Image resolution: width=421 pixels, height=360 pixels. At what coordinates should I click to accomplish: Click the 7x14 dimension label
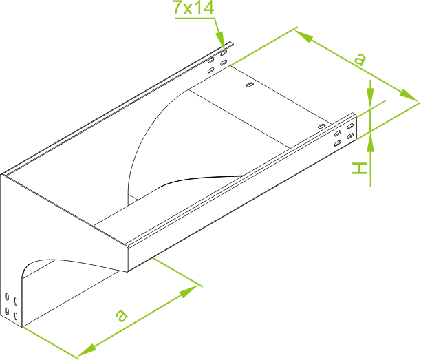point(193,8)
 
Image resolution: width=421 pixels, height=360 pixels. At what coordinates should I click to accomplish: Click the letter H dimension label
point(360,168)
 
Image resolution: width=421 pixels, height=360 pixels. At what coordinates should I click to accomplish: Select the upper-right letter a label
point(360,59)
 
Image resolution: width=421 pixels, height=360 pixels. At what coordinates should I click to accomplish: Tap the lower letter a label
point(122,315)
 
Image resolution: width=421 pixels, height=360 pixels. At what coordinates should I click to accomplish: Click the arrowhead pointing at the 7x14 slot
point(222,41)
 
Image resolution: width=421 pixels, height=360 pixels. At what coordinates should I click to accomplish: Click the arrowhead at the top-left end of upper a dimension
point(305,36)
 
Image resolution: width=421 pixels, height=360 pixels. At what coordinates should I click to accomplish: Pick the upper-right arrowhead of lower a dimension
point(189,291)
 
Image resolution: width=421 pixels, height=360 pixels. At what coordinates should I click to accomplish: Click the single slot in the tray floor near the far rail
point(250,85)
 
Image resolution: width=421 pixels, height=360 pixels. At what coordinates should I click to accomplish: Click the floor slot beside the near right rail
point(321,126)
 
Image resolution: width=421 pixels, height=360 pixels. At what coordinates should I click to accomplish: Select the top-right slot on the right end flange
point(350,126)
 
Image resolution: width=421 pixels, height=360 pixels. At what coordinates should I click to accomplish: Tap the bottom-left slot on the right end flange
point(338,144)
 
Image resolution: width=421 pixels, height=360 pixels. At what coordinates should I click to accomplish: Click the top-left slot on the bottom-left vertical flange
point(7,297)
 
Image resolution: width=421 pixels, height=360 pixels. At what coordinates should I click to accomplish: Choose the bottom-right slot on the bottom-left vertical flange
point(15,316)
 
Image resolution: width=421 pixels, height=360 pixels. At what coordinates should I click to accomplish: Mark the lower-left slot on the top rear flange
point(210,70)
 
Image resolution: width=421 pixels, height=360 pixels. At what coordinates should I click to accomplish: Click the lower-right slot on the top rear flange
point(223,63)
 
